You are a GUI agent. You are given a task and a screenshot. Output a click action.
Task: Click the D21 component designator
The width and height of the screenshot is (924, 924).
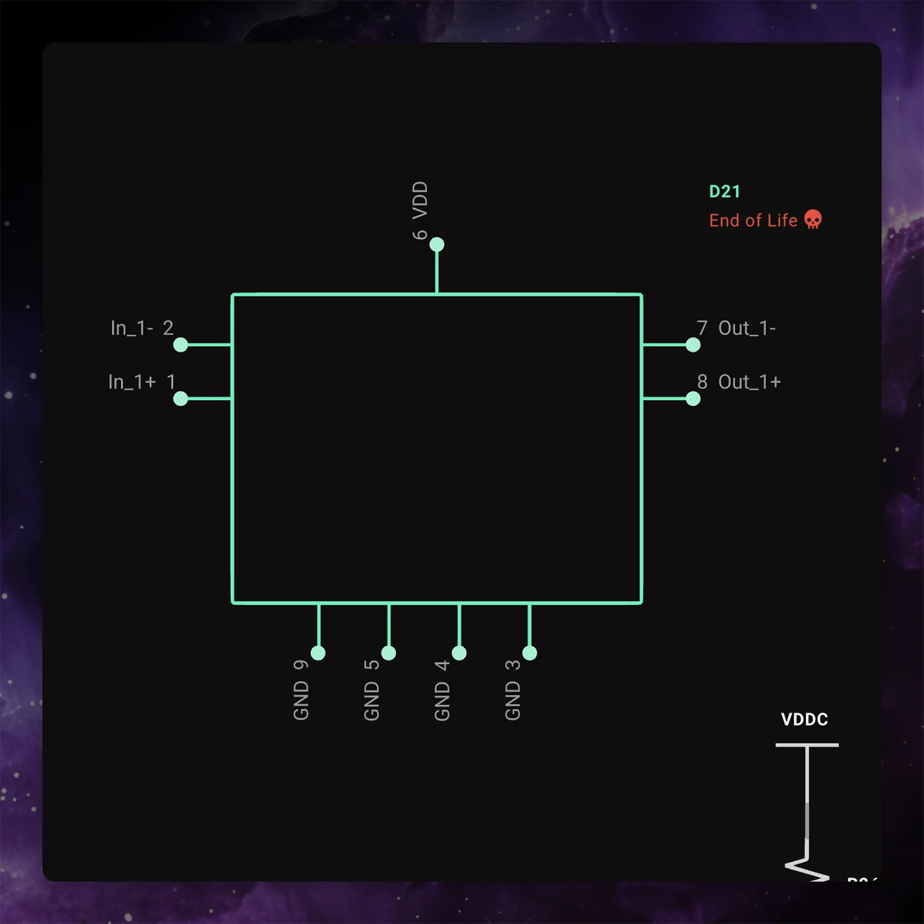click(x=724, y=191)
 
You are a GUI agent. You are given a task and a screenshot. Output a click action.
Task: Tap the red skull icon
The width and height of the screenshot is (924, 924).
click(x=813, y=219)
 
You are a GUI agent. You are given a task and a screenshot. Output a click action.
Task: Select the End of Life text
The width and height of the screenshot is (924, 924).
click(x=753, y=220)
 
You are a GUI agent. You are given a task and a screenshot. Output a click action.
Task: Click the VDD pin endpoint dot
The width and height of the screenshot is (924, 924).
click(x=437, y=245)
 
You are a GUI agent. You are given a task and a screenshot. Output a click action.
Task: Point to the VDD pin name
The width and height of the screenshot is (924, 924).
click(x=420, y=200)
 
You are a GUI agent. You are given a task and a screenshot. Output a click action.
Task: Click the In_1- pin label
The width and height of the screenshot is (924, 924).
click(x=131, y=328)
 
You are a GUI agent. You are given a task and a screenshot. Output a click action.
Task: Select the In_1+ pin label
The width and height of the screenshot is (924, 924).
click(x=131, y=382)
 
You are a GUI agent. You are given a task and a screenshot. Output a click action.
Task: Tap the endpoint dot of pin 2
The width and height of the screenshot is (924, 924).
click(x=181, y=345)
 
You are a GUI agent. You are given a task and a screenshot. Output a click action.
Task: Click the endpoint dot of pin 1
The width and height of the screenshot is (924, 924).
click(x=181, y=399)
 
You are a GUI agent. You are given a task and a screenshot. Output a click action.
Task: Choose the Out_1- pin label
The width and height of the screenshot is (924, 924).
click(x=747, y=328)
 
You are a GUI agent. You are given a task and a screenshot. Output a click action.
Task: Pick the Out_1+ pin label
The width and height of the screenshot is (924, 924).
click(x=749, y=382)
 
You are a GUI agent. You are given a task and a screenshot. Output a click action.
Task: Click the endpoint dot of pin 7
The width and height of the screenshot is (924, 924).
click(x=693, y=345)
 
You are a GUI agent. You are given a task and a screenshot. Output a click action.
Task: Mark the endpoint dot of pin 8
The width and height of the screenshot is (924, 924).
click(x=693, y=399)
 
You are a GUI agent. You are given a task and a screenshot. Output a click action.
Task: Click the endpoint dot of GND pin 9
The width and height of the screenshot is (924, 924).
click(x=318, y=653)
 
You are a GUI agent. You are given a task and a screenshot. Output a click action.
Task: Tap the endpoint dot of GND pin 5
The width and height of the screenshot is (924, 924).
click(x=389, y=653)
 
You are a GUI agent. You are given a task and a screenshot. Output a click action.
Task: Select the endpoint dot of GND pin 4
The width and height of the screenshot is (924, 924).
click(x=459, y=653)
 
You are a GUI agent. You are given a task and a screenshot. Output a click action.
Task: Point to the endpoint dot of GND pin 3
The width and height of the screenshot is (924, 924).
click(x=530, y=653)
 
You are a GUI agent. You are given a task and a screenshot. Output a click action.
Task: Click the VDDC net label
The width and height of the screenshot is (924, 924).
click(x=805, y=719)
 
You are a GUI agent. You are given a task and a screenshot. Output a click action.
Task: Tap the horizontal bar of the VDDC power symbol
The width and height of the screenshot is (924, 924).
click(x=807, y=745)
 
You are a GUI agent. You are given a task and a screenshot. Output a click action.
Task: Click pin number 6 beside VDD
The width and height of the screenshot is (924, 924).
click(x=420, y=234)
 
